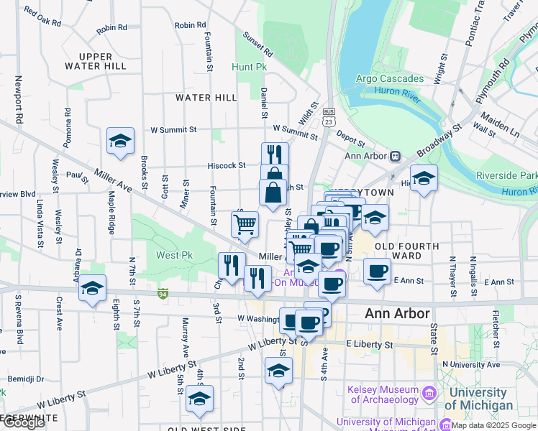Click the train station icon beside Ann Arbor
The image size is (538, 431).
pyautogui.click(x=396, y=156)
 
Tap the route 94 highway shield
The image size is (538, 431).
pyautogui.click(x=164, y=293)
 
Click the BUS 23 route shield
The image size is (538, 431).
pyautogui.click(x=329, y=116)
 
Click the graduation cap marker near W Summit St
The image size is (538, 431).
pyautogui.click(x=120, y=141)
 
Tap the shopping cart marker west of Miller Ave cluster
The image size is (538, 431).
pyautogui.click(x=245, y=224)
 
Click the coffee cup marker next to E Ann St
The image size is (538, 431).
pyautogui.click(x=377, y=271)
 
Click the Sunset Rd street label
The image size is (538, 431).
pyautogui.click(x=257, y=45)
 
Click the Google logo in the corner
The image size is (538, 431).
pyautogui.click(x=23, y=422)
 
